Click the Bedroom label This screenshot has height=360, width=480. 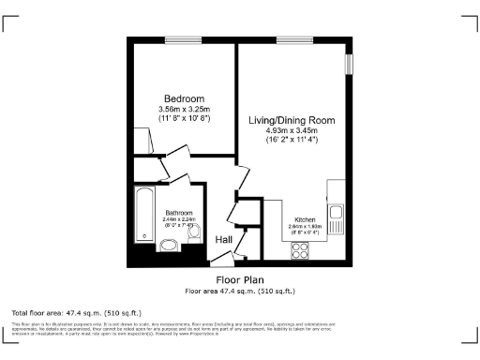184,98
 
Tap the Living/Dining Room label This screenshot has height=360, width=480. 291,120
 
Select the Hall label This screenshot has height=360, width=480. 224,240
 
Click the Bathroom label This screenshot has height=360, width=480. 178,213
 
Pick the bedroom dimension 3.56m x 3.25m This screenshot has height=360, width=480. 184,110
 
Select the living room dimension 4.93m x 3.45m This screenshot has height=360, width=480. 291,130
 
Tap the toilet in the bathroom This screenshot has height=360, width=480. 193,241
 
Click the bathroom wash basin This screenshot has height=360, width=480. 169,247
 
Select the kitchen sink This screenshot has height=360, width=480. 337,217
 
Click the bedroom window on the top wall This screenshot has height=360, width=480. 177,39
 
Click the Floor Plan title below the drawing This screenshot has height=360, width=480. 240,279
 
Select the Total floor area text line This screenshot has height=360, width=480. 76,312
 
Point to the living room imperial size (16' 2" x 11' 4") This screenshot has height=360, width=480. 291,140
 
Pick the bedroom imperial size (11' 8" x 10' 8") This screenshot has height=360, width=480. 184,119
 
